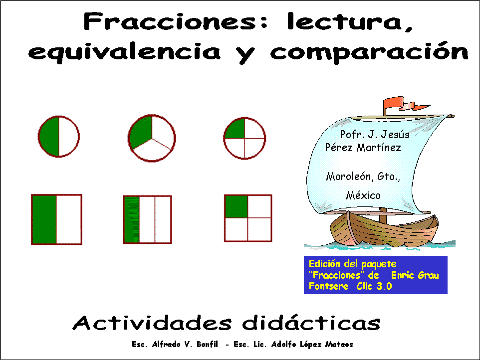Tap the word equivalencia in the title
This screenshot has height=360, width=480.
(124, 51)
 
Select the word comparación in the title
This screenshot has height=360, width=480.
(369, 51)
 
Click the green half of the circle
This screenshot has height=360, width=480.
(49, 137)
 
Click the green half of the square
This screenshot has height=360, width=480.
(44, 219)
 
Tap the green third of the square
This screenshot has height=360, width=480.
(132, 219)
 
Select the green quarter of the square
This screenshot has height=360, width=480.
(237, 206)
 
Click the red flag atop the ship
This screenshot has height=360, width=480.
(398, 103)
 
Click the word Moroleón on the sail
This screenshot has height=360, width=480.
(348, 177)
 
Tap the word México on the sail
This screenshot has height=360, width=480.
(363, 195)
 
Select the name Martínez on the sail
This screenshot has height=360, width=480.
(379, 148)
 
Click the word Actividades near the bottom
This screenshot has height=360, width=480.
(152, 323)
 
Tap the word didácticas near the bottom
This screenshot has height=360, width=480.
(311, 323)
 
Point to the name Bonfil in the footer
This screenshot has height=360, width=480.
(207, 345)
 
